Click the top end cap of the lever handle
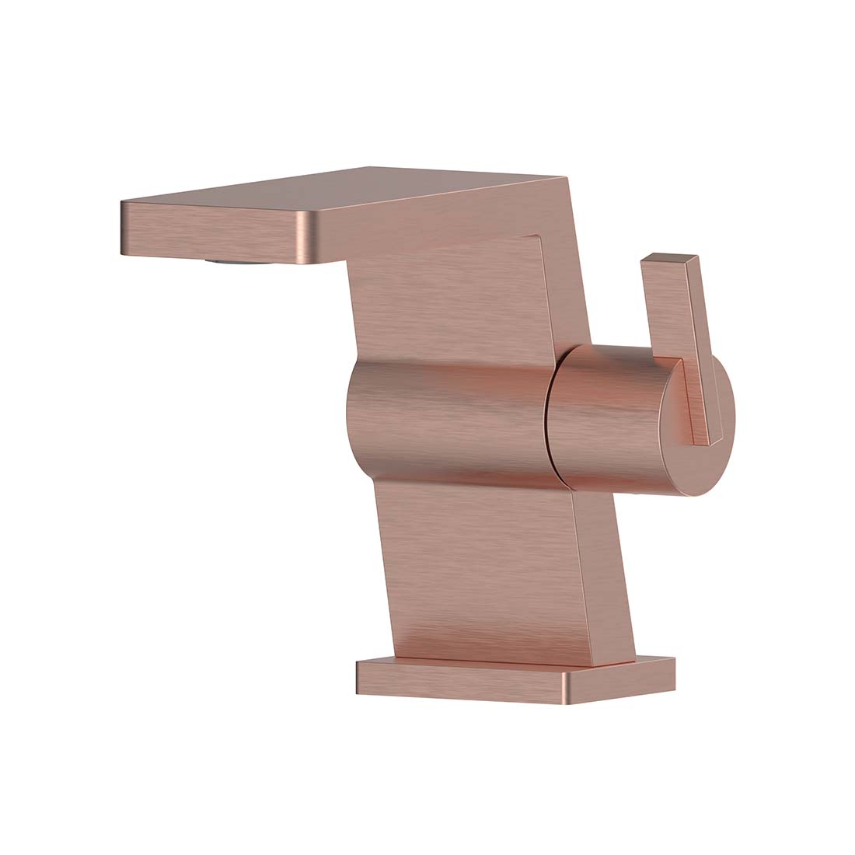(x=669, y=259)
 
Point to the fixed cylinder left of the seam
(x=451, y=420)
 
